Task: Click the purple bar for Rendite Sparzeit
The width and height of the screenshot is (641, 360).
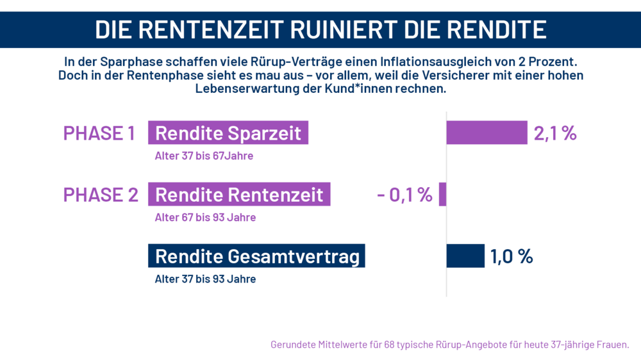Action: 487,133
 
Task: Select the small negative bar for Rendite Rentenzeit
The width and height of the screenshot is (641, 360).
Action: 442,194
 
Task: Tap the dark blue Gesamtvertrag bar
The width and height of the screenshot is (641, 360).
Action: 465,256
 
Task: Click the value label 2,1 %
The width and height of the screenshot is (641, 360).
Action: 555,133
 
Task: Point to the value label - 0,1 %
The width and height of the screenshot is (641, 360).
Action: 404,195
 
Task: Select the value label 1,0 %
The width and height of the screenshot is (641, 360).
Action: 512,256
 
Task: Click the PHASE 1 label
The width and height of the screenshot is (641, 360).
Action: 99,133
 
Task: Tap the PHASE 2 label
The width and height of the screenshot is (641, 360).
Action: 100,195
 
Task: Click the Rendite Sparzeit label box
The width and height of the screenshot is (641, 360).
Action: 228,133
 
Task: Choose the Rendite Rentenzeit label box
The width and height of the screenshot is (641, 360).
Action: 239,195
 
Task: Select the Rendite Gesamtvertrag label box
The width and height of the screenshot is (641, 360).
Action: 256,256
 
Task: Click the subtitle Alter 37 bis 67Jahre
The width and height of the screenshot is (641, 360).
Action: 204,156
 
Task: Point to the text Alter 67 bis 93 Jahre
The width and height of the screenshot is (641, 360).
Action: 205,217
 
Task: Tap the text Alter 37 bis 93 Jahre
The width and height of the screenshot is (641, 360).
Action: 205,279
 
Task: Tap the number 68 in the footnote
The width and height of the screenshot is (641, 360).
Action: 390,345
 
